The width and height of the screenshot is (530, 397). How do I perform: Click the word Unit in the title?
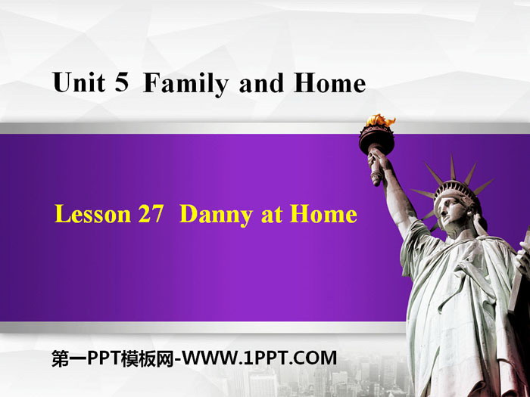point(79,82)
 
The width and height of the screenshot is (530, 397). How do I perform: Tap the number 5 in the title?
point(122,82)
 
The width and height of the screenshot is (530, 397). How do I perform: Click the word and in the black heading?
point(261,83)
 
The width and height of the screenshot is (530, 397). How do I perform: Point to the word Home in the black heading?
point(330,83)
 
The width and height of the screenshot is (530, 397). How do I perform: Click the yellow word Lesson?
point(92,214)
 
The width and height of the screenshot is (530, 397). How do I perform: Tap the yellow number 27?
point(151,214)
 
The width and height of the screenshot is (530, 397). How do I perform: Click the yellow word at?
point(271,215)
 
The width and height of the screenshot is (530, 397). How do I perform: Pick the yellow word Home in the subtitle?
point(323,214)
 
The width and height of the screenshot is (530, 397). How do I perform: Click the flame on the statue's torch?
point(380,120)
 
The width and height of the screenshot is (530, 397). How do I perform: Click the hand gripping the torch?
point(378,160)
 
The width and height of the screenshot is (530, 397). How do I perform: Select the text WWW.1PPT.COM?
point(260,358)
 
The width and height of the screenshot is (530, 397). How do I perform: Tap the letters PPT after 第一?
point(104,358)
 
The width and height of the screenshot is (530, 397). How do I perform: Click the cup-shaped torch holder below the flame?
point(376,139)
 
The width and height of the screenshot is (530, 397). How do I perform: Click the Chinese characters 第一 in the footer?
point(69,358)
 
